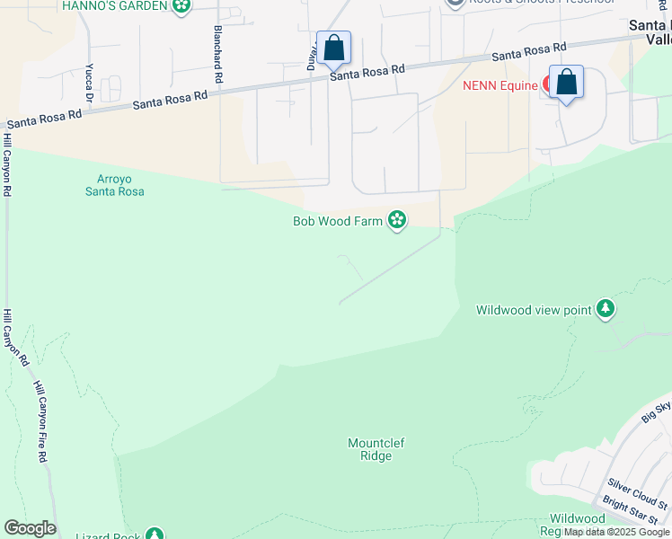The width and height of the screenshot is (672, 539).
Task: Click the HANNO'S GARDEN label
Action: pyautogui.click(x=114, y=6)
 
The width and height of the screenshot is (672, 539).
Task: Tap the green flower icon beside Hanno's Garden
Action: pyautogui.click(x=182, y=5)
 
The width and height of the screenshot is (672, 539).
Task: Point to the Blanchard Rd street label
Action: pyautogui.click(x=217, y=55)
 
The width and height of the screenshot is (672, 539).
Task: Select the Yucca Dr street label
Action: pyautogui.click(x=89, y=82)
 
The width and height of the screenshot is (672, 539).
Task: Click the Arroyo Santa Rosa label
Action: pyautogui.click(x=114, y=185)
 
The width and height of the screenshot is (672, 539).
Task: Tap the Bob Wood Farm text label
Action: pyautogui.click(x=338, y=221)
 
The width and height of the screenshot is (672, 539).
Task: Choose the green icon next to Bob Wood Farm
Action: pyautogui.click(x=397, y=220)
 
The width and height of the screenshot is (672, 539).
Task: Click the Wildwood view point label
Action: pyautogui.click(x=533, y=310)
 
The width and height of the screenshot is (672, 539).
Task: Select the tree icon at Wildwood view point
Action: pyautogui.click(x=606, y=309)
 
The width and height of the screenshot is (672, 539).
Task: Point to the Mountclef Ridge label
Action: pyautogui.click(x=370, y=449)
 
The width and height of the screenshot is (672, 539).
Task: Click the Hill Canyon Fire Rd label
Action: pyautogui.click(x=41, y=421)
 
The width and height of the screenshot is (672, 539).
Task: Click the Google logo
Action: pyautogui.click(x=30, y=528)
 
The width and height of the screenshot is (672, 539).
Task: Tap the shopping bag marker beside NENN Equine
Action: pyautogui.click(x=566, y=83)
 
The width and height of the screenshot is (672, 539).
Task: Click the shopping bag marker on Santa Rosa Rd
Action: pyautogui.click(x=333, y=49)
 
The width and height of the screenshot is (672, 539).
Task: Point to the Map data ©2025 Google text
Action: pyautogui.click(x=617, y=532)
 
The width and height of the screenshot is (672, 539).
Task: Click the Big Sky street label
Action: pyautogui.click(x=657, y=412)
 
